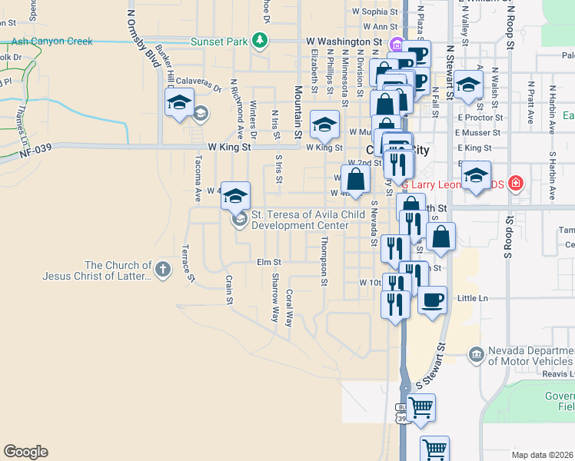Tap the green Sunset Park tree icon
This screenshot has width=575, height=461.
(261, 40)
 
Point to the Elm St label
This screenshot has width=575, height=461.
(268, 262)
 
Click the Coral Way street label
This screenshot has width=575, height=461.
(289, 308)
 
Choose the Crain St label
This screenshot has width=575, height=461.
(228, 290)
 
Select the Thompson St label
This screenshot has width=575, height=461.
(324, 261)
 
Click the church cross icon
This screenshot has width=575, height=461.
(162, 270)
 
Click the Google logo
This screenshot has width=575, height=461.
(25, 452)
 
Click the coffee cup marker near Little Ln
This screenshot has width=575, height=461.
(432, 299)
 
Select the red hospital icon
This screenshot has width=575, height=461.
(515, 184)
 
